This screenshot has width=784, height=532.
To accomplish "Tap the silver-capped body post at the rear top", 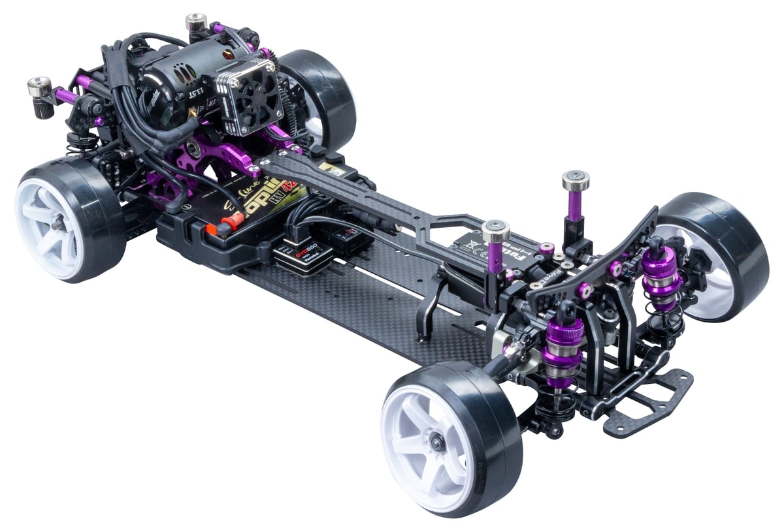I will [196, 22].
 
